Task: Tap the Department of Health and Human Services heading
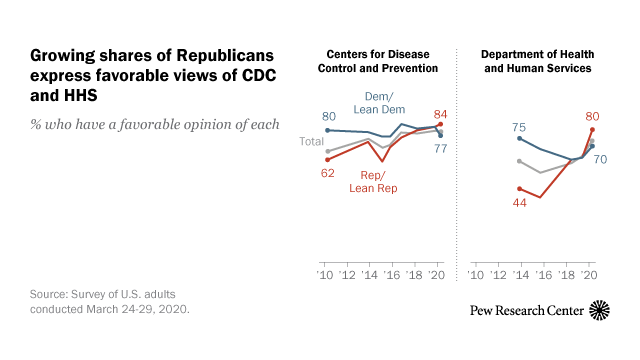tap(535, 60)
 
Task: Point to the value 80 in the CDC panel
tap(328, 116)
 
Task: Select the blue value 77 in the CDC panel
tap(440, 149)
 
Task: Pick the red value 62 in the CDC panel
tap(328, 173)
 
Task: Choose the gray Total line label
tap(312, 142)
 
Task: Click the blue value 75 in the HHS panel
tap(519, 127)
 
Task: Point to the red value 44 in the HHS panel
tap(519, 202)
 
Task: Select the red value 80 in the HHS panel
tap(592, 114)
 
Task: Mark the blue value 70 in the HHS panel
tap(602, 159)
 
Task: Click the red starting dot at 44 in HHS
tap(519, 188)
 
